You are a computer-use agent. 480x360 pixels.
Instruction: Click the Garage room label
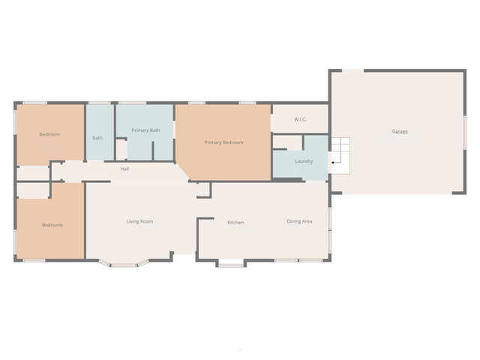point(400,132)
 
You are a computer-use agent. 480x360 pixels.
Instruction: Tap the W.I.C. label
point(300,119)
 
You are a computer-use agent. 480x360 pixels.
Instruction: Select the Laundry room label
point(304,161)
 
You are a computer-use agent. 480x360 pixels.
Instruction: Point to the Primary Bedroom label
point(223,142)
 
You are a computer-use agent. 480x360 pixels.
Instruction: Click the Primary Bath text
point(145,130)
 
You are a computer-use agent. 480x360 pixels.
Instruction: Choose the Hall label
point(124,169)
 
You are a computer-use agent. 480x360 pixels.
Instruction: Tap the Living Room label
point(140,221)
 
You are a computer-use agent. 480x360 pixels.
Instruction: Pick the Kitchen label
point(235,222)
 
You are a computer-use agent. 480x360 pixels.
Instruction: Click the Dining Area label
point(299,221)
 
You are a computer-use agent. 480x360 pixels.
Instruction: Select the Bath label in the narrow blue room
point(97,138)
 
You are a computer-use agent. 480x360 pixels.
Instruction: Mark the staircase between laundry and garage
point(340,156)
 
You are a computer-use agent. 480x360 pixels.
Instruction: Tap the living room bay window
point(124,264)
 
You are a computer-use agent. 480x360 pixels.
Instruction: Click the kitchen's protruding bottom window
point(231,264)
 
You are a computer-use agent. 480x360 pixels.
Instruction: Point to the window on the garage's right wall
point(465,133)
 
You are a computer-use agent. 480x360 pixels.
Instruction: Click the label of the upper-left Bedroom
point(49,134)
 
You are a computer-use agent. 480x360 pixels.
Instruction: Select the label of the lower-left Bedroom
point(52,225)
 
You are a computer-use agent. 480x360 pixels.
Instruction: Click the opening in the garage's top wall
point(353,70)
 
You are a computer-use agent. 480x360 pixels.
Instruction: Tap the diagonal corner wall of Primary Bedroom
point(183,172)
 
